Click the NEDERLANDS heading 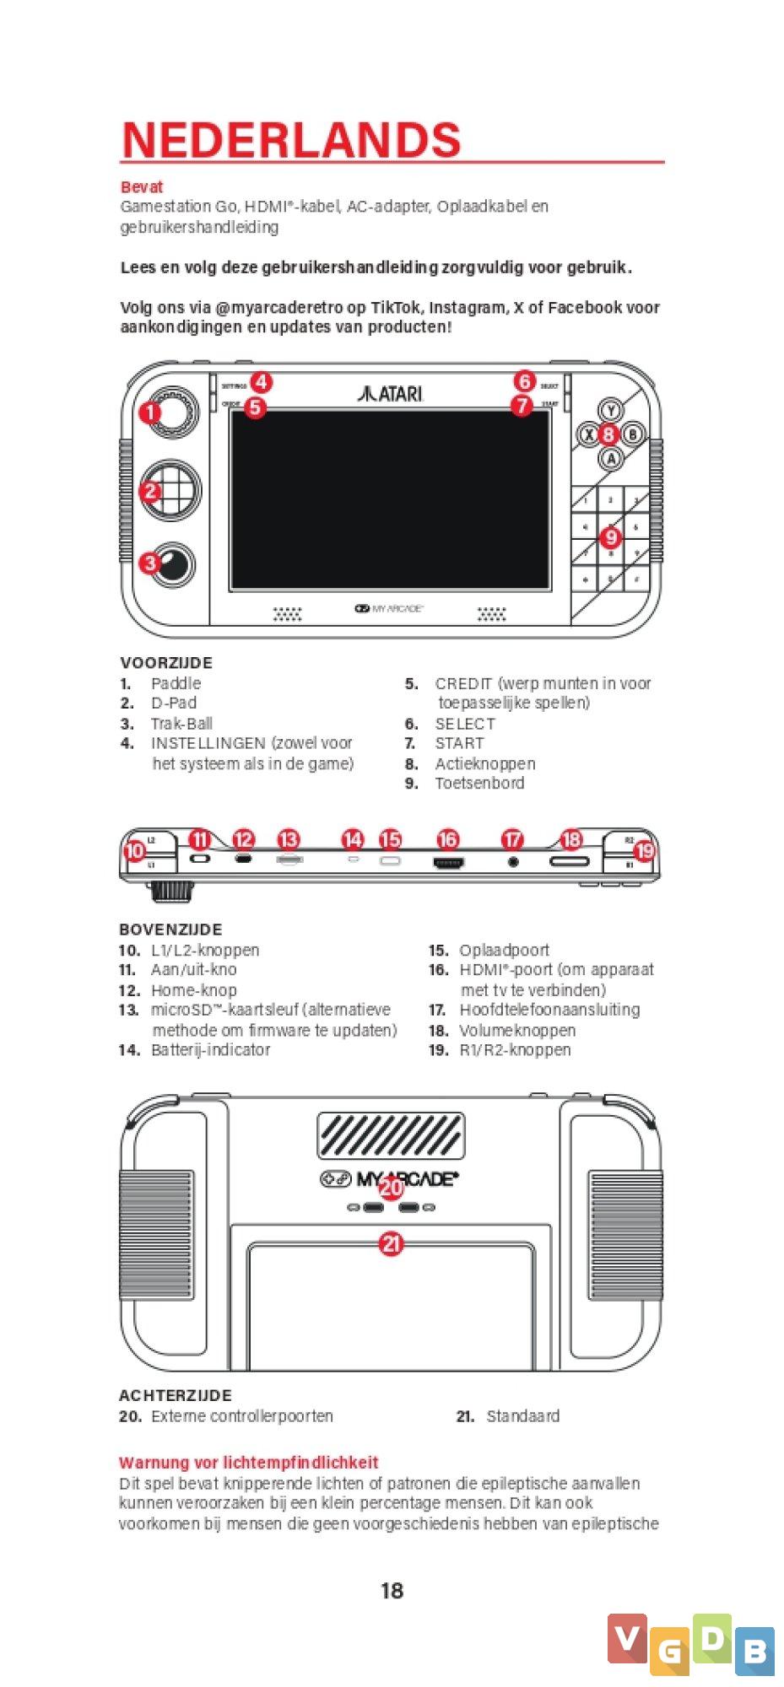(x=291, y=140)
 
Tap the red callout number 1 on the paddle (x=150, y=412)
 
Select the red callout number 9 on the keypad (x=610, y=536)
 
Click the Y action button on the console (x=609, y=411)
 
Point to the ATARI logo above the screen (x=390, y=393)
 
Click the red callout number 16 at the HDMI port (x=448, y=839)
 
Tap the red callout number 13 (x=289, y=839)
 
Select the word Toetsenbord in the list (x=479, y=784)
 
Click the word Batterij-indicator (x=210, y=1050)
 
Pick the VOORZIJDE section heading (x=166, y=663)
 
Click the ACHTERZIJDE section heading (x=176, y=1396)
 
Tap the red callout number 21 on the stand (x=392, y=1244)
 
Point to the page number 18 (x=392, y=1591)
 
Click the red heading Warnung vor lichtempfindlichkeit (x=248, y=1463)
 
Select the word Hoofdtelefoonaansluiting (x=549, y=1010)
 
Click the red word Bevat (x=141, y=186)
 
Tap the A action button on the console (x=610, y=458)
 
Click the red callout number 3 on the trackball (x=150, y=562)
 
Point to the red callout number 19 (x=645, y=850)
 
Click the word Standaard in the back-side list (x=522, y=1416)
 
